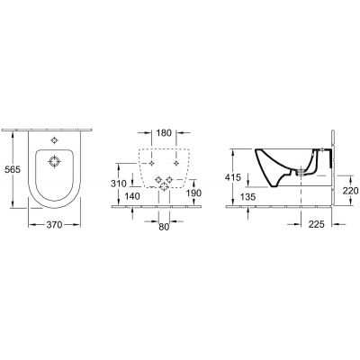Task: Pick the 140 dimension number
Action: pyautogui.click(x=134, y=195)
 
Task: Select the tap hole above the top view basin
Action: pyautogui.click(x=56, y=140)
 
